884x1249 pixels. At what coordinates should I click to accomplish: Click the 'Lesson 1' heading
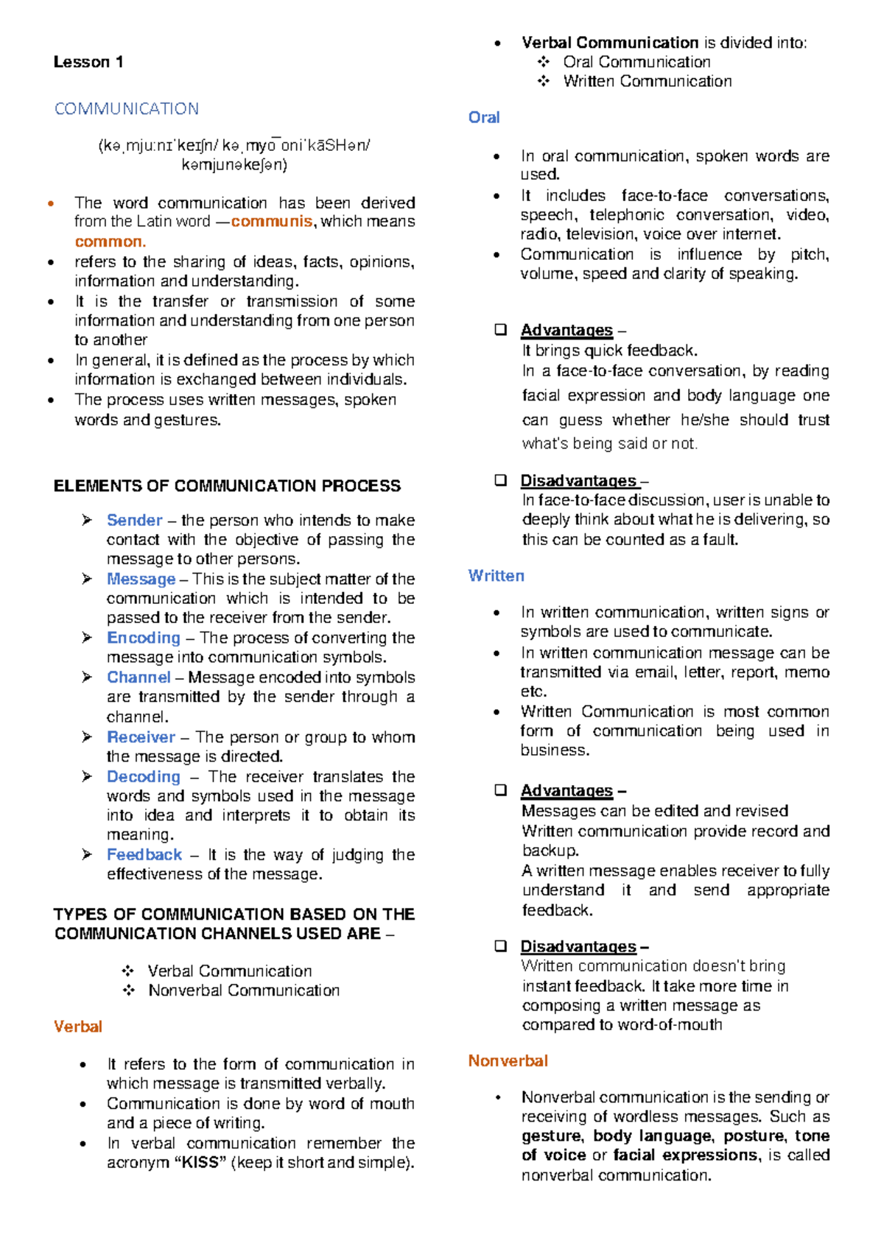coord(88,62)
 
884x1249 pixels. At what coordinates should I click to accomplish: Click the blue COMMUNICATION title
coord(127,109)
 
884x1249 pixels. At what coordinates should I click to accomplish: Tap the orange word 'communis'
coord(272,222)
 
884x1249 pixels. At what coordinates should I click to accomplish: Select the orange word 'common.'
coord(110,242)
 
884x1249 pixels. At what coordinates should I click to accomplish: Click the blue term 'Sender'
coord(134,520)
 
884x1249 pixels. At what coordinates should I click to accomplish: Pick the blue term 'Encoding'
coord(143,638)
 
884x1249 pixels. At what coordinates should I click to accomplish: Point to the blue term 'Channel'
coord(138,678)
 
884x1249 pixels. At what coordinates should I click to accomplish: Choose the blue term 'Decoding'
coord(143,776)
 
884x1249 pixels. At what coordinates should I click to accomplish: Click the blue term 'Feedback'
coord(144,854)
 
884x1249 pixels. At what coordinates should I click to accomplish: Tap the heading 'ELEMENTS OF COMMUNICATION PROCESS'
coord(227,486)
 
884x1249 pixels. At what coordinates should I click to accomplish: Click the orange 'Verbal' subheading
coord(77,1027)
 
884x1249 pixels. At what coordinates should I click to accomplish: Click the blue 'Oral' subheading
coord(484,118)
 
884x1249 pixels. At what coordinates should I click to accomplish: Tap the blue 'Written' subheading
coord(496,576)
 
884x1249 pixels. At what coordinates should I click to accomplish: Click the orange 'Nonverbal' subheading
coord(508,1061)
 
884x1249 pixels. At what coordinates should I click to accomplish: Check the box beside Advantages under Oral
coord(501,330)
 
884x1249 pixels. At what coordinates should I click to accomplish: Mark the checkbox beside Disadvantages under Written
coord(501,946)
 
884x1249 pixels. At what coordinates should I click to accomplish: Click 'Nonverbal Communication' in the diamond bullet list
coord(244,991)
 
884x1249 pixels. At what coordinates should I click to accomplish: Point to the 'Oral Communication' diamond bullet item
coord(636,63)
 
